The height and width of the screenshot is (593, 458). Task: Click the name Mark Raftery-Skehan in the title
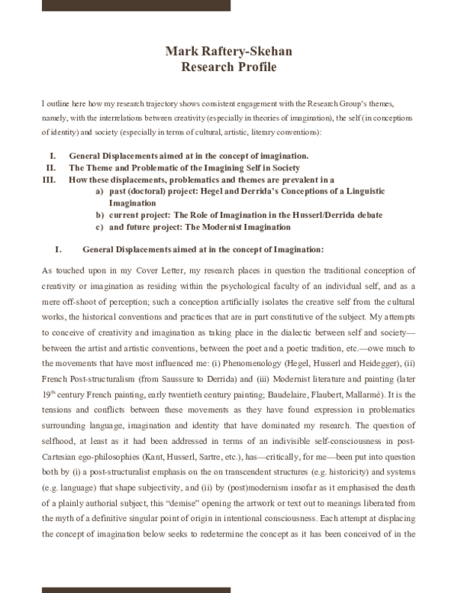[x=228, y=51]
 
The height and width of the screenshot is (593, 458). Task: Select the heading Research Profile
[x=228, y=66]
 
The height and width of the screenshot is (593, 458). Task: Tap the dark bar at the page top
[x=136, y=5]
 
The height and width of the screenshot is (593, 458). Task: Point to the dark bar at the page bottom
[x=136, y=588]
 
